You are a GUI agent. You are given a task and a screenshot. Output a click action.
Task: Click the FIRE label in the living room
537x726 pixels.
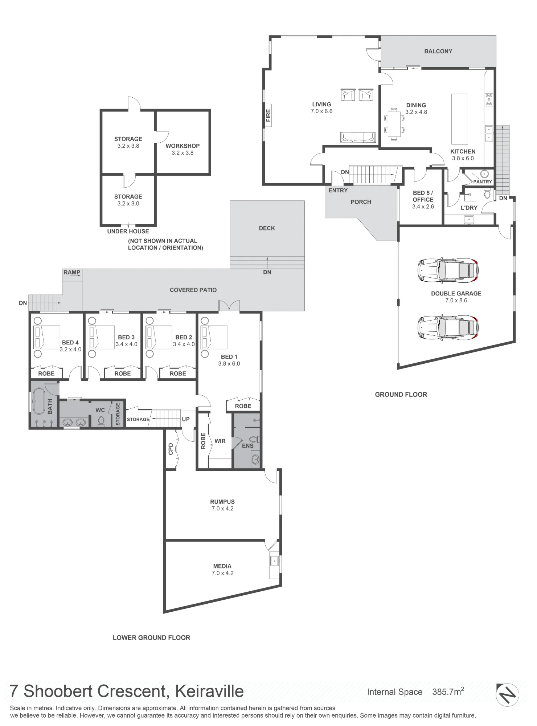click(x=268, y=115)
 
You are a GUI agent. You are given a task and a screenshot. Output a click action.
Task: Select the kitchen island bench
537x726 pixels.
click(x=459, y=119)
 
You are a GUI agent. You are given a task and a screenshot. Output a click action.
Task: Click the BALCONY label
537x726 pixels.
click(x=438, y=51)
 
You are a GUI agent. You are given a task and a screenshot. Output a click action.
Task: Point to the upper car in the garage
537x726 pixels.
click(x=448, y=270)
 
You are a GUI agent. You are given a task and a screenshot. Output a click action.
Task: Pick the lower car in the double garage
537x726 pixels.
click(x=448, y=327)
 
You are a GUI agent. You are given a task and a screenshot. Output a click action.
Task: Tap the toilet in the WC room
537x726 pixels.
click(x=101, y=420)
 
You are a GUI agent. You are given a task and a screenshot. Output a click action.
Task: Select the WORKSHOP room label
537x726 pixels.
click(x=183, y=146)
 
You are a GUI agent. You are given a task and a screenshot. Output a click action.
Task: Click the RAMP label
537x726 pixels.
click(x=71, y=272)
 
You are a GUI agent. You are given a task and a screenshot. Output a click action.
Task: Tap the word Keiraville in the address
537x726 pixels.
click(x=209, y=691)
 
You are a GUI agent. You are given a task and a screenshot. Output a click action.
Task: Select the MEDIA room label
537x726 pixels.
click(x=222, y=566)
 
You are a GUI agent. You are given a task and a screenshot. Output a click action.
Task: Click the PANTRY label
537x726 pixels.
click(x=483, y=181)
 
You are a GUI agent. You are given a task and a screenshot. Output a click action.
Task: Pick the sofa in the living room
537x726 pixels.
click(x=358, y=137)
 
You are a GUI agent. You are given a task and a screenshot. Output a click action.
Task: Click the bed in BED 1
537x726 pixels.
click(x=214, y=338)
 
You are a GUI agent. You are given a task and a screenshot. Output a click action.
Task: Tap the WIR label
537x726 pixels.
click(x=220, y=441)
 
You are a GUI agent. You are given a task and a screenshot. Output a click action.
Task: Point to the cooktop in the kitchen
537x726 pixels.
click(x=489, y=99)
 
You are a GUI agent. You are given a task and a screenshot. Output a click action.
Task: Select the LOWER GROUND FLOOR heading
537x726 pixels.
click(x=151, y=637)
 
